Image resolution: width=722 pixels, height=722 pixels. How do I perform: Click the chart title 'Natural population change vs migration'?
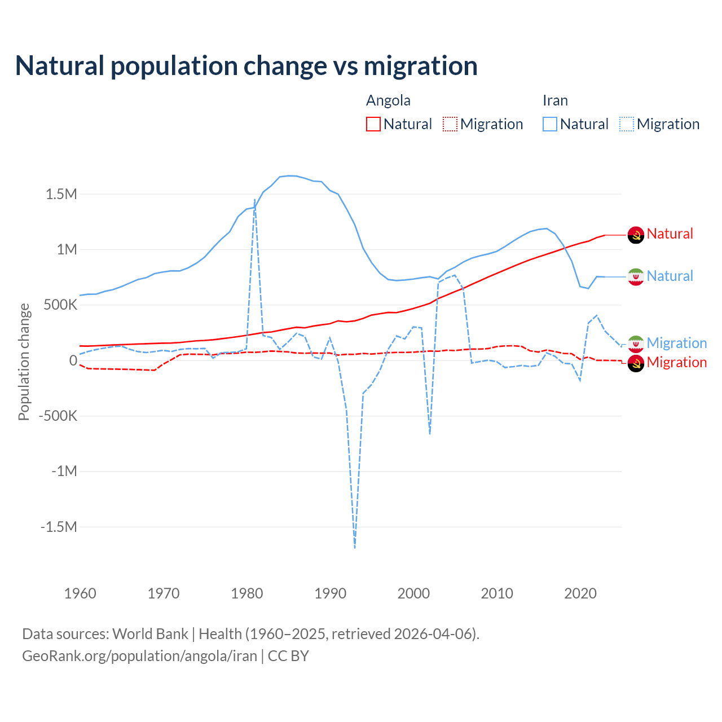246,66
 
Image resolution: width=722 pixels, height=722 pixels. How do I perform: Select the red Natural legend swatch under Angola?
373,124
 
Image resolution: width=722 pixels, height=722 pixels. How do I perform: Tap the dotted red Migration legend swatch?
450,124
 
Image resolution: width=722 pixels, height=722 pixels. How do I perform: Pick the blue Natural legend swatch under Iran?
550,124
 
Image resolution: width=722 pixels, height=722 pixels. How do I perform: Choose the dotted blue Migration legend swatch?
627,124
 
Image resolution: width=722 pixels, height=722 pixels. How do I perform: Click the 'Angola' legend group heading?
388,100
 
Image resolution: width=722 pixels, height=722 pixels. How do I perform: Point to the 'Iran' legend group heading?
555,100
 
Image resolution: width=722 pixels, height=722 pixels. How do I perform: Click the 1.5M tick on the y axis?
61,194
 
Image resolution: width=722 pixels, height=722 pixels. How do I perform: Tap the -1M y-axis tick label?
64,471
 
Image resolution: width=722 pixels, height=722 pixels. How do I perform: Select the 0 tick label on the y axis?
73,360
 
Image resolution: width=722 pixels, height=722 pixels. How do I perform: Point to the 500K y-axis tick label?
58,305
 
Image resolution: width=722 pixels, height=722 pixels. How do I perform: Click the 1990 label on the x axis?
330,593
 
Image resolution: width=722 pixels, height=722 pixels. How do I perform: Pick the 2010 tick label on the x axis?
497,593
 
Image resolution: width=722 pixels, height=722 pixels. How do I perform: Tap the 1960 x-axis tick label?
80,593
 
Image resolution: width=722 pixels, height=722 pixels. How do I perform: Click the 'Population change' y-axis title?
24,362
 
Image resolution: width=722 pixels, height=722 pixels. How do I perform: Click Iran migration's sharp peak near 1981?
255,200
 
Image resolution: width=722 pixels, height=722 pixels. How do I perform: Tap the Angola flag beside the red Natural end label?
636,235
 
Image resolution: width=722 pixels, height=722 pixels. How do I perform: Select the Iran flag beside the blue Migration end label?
636,343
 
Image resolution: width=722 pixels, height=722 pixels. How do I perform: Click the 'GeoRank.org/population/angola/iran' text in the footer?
139,656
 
